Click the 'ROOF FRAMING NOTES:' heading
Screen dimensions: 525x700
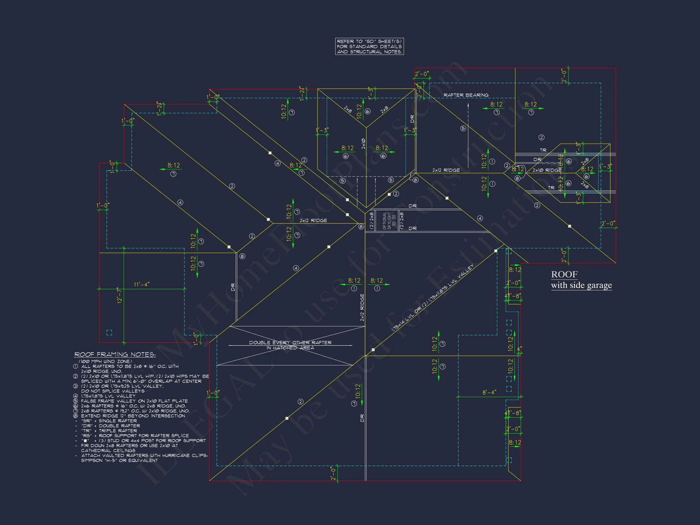click(115, 355)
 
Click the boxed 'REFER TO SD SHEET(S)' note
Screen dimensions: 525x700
click(369, 46)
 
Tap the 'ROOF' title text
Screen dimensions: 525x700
click(564, 274)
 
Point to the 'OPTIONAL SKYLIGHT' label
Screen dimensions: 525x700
click(387, 221)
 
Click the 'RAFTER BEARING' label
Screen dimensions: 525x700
click(466, 95)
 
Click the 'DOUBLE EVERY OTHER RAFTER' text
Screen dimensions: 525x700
click(290, 343)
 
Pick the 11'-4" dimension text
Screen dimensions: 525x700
click(142, 285)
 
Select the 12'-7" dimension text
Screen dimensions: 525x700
click(119, 296)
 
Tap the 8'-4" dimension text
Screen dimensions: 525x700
click(489, 393)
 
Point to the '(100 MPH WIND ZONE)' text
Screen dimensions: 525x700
click(105, 361)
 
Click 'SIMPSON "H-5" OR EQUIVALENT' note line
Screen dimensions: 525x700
click(119, 461)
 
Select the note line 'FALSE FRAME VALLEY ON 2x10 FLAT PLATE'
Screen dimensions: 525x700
click(134, 401)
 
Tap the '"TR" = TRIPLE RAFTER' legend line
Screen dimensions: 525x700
click(109, 431)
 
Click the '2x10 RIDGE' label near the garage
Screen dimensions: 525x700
click(547, 170)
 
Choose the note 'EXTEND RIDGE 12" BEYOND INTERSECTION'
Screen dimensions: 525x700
click(133, 416)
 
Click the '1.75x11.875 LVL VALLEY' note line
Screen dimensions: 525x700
click(108, 396)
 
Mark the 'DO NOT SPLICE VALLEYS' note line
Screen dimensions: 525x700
click(113, 391)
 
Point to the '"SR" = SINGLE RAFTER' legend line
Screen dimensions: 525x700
click(109, 421)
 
